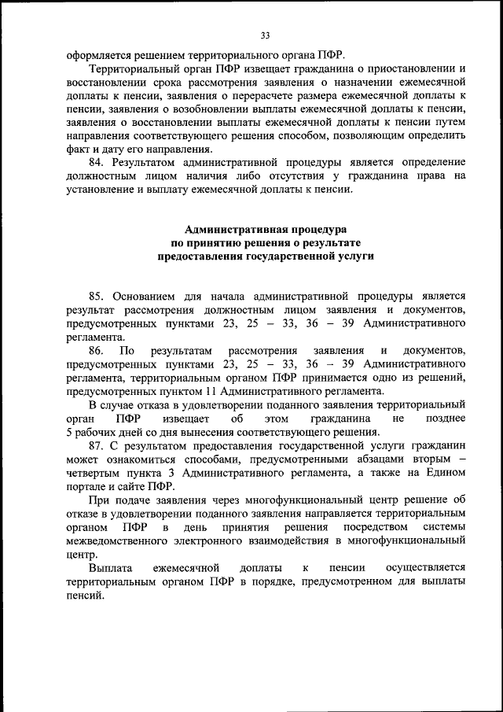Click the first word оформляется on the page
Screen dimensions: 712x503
point(97,55)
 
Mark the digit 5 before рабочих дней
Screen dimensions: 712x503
point(70,432)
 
